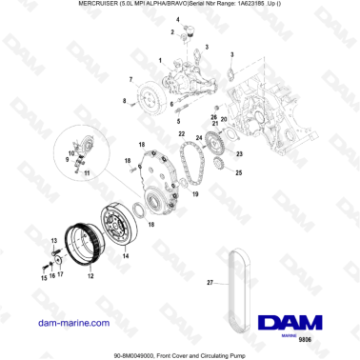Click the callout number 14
coord(127,256)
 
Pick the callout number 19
coord(196,193)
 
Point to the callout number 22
coord(180,136)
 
